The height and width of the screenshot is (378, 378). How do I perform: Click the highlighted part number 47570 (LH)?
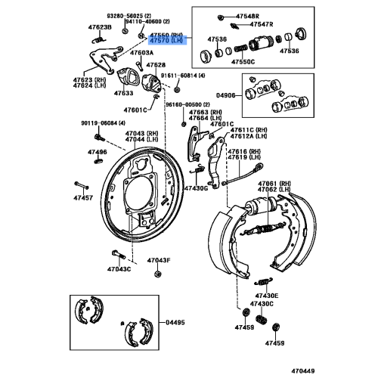(x=166, y=40)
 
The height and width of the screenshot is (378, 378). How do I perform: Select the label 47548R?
(x=247, y=17)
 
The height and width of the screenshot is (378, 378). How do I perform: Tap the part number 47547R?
(x=262, y=24)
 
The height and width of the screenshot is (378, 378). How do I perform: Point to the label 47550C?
(x=243, y=62)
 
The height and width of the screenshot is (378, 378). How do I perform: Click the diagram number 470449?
(x=303, y=371)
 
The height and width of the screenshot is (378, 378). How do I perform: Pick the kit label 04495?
(x=175, y=322)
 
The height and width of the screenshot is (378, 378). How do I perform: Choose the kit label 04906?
(x=225, y=95)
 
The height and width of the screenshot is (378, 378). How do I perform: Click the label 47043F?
(x=159, y=260)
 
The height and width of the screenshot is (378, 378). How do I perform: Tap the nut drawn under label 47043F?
(x=158, y=274)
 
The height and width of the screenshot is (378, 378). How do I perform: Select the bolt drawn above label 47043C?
(x=119, y=254)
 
